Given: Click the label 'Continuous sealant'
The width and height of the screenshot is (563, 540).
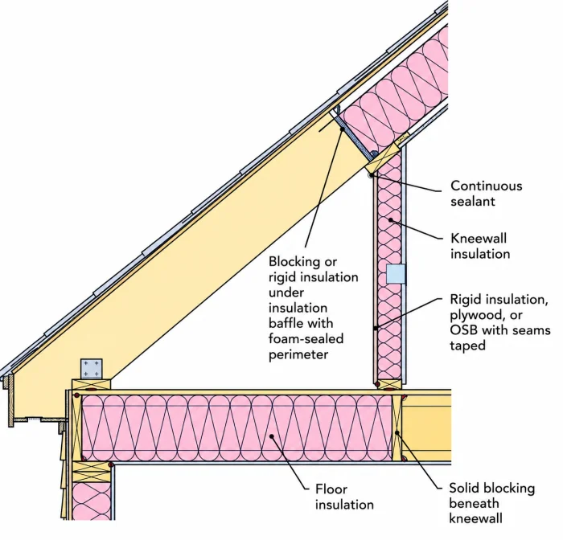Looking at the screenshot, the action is [x=486, y=194].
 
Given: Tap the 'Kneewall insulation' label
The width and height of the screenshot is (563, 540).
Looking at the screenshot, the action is [x=480, y=246].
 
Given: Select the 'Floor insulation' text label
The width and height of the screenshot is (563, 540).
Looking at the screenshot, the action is [x=344, y=497].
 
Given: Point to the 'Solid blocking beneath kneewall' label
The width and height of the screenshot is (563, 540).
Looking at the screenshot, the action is [x=492, y=503].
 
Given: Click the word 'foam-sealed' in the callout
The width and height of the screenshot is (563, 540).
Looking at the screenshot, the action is [x=306, y=339].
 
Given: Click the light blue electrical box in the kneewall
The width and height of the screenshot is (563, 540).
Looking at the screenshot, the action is [x=396, y=274].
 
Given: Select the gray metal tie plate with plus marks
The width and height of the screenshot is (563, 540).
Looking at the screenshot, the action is [x=92, y=369].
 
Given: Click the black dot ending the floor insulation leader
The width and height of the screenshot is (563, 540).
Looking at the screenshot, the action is [x=272, y=436].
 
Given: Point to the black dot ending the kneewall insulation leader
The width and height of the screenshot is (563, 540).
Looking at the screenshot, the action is [x=390, y=219].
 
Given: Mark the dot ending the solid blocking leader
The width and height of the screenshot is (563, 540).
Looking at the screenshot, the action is [x=397, y=432].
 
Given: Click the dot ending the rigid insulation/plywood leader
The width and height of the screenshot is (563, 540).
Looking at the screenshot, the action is [x=375, y=328].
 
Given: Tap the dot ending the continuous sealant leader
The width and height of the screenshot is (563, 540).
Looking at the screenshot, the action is [x=372, y=174].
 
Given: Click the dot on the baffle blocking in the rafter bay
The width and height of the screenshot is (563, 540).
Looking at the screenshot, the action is [x=343, y=129].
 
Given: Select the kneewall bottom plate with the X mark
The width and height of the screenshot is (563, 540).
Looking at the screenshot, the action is [x=390, y=384].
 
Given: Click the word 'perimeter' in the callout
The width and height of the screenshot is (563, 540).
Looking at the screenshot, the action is [x=298, y=355].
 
